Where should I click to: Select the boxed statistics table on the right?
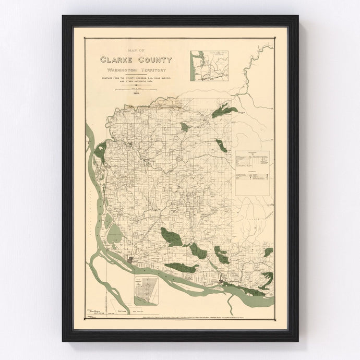click(x=253, y=166)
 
